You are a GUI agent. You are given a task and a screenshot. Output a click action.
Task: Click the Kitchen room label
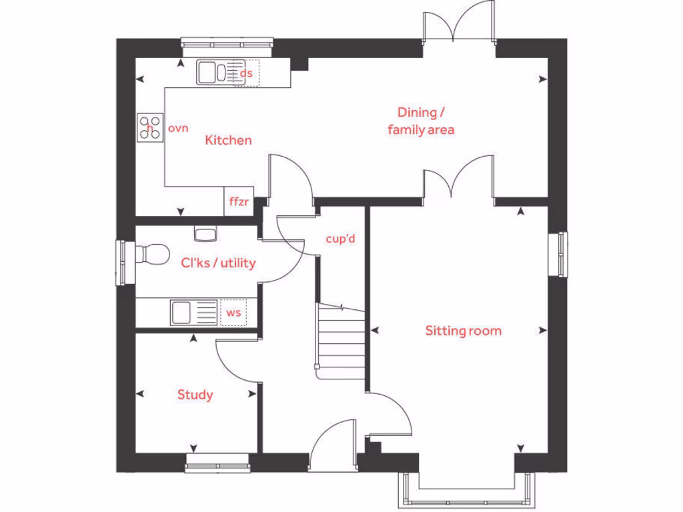coord(228,140)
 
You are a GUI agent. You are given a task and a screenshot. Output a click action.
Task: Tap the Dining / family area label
coord(421,121)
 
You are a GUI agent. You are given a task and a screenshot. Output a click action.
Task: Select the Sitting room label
coord(463,331)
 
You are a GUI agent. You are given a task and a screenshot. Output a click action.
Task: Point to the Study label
coord(195,395)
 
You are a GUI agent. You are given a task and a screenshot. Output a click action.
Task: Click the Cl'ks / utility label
coord(218,263)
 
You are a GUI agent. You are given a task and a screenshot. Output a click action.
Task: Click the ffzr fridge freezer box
coord(238,202)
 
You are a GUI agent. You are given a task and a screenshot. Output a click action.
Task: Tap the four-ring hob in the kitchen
coord(150,127)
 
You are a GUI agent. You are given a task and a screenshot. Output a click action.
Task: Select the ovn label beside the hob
coord(178,128)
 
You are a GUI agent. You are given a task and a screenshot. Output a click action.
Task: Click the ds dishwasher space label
coord(246,73)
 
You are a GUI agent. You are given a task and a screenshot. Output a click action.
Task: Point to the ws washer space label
coord(233,312)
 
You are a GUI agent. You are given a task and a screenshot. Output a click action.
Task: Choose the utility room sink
coord(189,312)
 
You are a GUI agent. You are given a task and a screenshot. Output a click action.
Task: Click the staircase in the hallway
coord(341,340)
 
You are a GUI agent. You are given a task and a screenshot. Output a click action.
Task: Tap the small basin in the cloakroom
coord(204,233)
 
